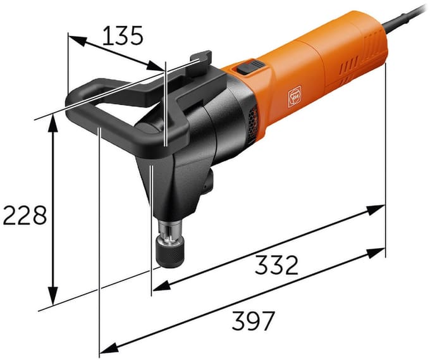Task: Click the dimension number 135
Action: pos(123,35)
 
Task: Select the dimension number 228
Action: pos(25,215)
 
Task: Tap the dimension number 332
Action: pos(276,265)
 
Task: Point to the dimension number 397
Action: pos(253,321)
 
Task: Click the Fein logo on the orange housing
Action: pos(295,96)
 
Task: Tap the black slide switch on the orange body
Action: pos(250,67)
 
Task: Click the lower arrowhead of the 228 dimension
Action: pos(52,295)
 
